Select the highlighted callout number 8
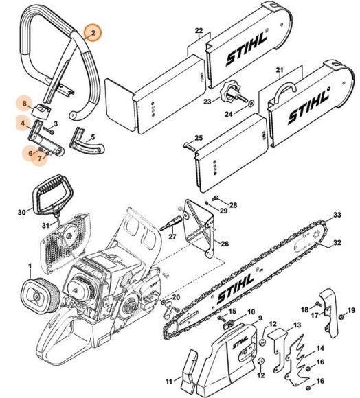click(x=25, y=104)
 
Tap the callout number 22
click(x=199, y=32)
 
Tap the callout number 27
click(x=172, y=237)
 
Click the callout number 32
click(x=337, y=242)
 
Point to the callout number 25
click(x=199, y=139)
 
